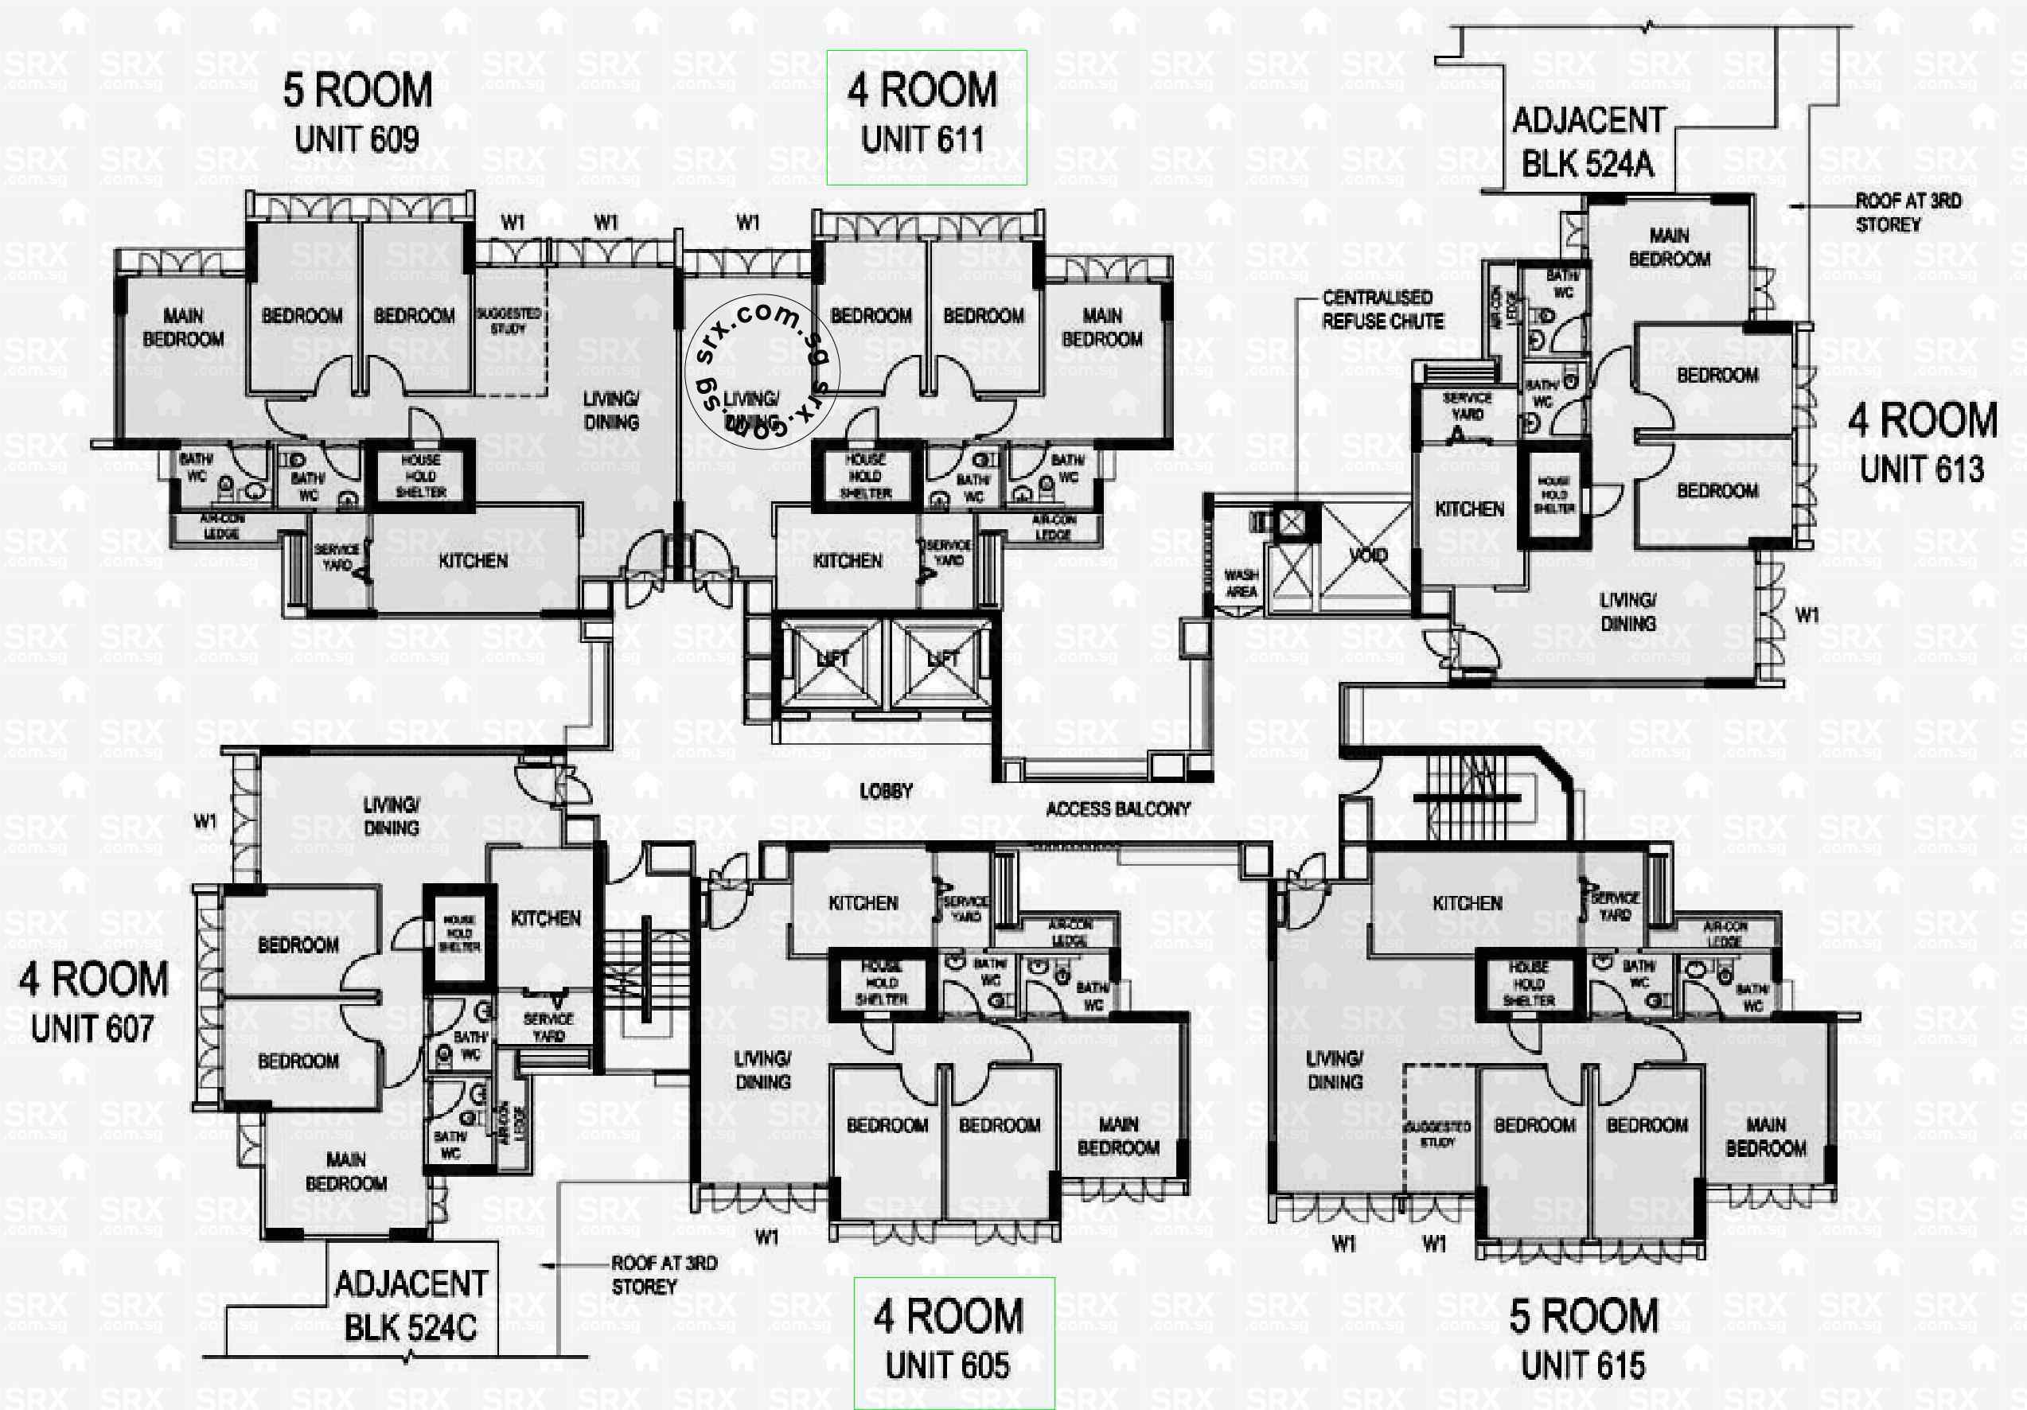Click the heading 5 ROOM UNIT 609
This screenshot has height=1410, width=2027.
(357, 114)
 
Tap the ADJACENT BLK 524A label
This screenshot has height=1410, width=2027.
(1588, 142)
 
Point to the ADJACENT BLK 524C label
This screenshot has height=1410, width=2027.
(411, 1305)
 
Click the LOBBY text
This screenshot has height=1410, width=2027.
(886, 791)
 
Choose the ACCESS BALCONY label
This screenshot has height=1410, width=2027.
(1117, 808)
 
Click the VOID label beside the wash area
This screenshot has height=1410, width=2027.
(1367, 555)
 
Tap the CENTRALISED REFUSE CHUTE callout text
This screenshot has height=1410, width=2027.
(1382, 310)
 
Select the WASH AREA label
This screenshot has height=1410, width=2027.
(1242, 583)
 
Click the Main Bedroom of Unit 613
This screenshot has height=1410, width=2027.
(1669, 247)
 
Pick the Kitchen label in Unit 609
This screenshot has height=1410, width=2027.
(474, 561)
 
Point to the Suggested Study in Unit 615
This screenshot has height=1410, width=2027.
(1437, 1135)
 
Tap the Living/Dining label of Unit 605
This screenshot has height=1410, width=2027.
(762, 1070)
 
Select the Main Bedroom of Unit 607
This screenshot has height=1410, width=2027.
(346, 1170)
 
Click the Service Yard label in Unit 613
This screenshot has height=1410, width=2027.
(1468, 406)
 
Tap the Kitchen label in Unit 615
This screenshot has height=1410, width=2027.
(1468, 903)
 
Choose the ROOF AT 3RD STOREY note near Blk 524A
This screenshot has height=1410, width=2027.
(1907, 212)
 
